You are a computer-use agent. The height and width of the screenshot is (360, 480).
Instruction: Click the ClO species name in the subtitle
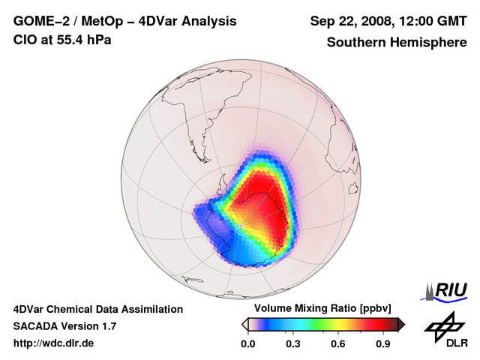pos(24,39)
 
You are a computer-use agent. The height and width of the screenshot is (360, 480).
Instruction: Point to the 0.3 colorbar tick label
pos(293,344)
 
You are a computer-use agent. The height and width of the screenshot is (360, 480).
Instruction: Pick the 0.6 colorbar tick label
pos(339,344)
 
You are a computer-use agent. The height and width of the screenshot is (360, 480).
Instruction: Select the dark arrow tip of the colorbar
pos(401,324)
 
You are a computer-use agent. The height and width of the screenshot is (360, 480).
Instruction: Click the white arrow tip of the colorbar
pos(244,324)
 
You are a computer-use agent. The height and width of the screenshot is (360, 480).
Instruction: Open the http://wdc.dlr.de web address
pos(54,343)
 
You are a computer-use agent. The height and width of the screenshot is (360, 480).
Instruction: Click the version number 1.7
pos(106,326)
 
